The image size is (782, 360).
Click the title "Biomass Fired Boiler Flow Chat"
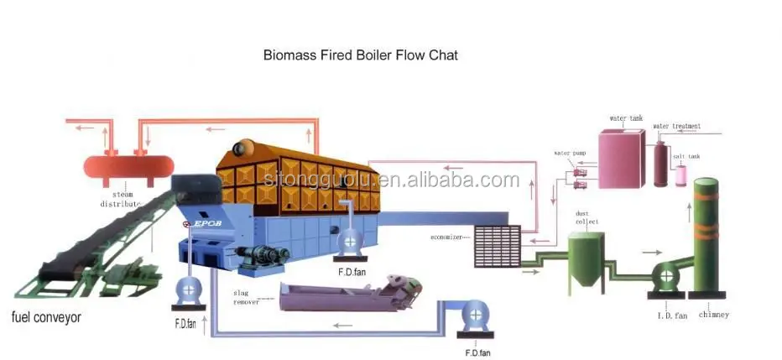(x=361, y=55)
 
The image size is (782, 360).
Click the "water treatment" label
(x=676, y=126)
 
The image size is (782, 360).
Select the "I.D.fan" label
(x=670, y=316)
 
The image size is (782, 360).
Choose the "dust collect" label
(x=586, y=217)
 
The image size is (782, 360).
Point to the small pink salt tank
(x=681, y=174)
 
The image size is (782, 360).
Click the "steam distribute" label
(x=117, y=199)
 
